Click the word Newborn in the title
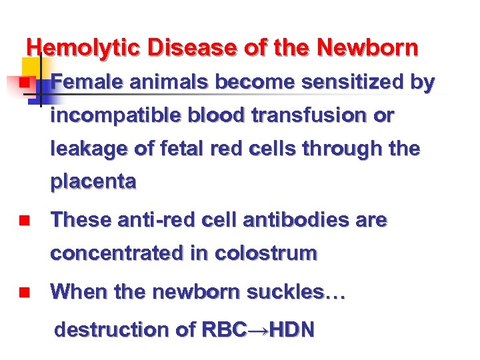[x=368, y=49]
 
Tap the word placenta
[x=93, y=182]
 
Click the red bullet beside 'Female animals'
[x=23, y=83]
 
